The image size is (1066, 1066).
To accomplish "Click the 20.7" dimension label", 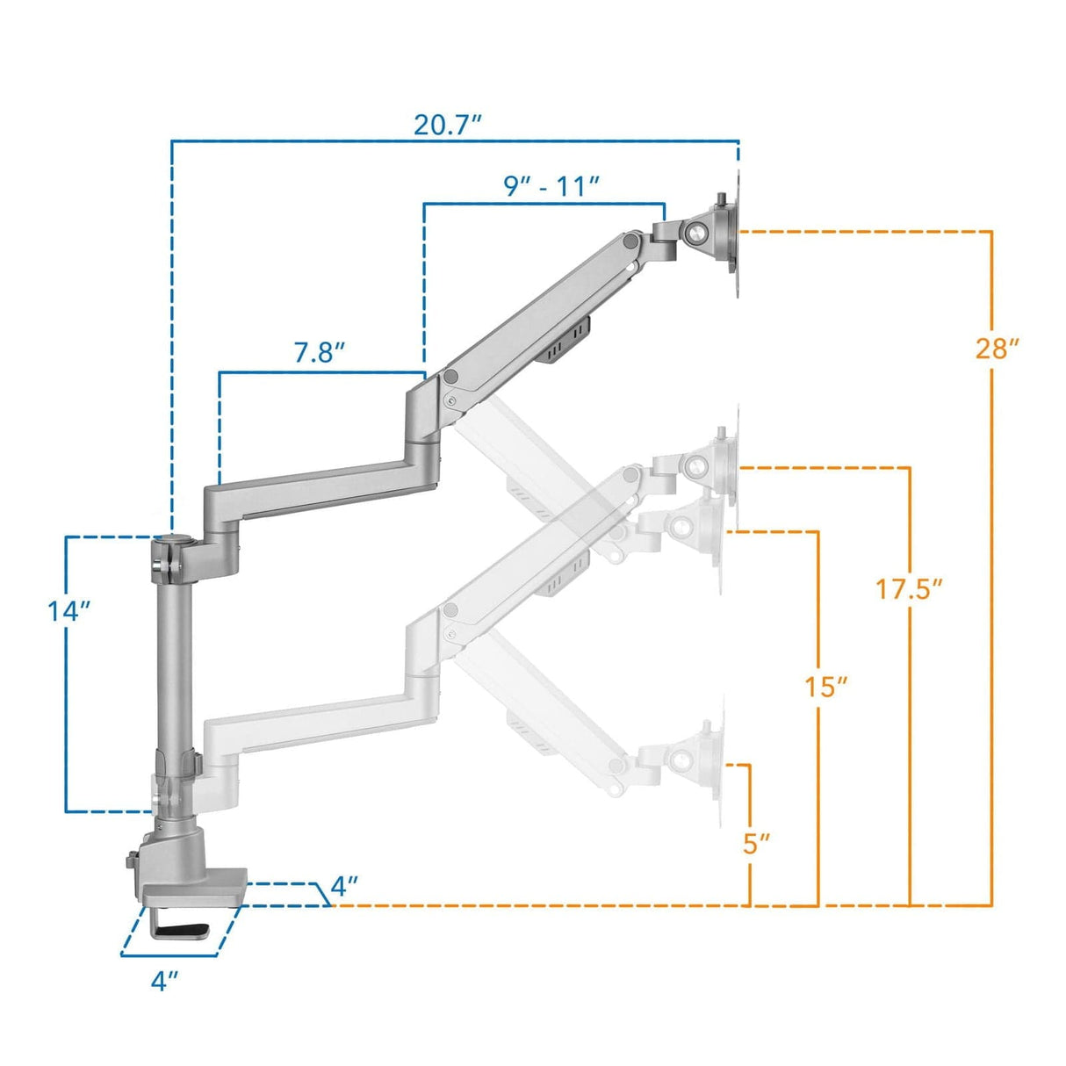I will (448, 126).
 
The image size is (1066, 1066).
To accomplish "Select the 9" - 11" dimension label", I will (551, 186).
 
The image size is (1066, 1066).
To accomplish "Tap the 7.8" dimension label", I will (319, 353).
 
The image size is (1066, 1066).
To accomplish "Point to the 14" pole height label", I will (69, 611).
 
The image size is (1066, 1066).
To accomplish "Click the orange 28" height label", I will (997, 349).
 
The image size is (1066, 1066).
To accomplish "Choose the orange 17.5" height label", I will (909, 588).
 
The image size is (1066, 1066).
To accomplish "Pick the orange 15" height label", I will (825, 686).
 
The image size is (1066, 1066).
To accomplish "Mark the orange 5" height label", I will (756, 843).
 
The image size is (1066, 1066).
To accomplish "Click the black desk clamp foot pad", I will (188, 930).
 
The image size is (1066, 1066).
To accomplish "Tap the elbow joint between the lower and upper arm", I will (424, 413).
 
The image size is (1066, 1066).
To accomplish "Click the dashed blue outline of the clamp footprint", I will (180, 952).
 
